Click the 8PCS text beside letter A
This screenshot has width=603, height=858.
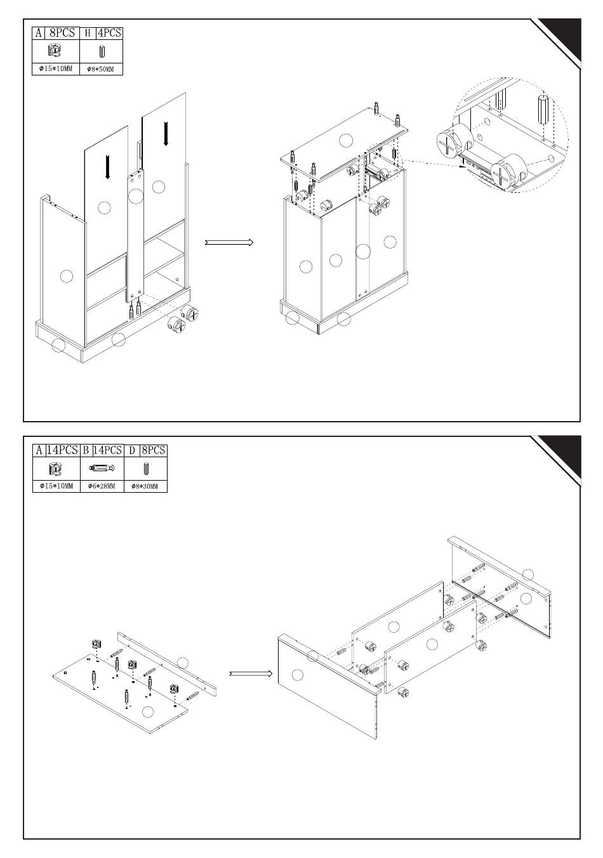click(x=62, y=33)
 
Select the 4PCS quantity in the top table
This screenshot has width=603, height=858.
click(x=109, y=33)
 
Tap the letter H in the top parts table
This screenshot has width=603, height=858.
click(x=88, y=34)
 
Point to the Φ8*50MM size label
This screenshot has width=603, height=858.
click(x=100, y=69)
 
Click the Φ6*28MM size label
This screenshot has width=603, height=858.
click(x=102, y=486)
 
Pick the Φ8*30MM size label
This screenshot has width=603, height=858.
click(x=145, y=486)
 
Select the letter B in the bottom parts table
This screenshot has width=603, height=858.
click(x=86, y=450)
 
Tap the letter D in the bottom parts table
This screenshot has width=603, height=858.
click(x=132, y=450)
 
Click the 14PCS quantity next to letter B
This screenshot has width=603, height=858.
click(x=107, y=450)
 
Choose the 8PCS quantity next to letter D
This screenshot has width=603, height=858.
click(x=154, y=450)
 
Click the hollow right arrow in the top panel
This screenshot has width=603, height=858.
click(x=229, y=242)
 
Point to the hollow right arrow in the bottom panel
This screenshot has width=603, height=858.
click(x=251, y=673)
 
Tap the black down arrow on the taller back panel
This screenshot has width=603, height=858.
click(x=166, y=133)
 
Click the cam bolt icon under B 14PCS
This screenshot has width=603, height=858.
click(x=102, y=468)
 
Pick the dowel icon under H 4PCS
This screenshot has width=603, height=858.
click(x=102, y=52)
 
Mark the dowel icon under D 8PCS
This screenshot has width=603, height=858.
click(x=146, y=469)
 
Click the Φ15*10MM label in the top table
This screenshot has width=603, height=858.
click(x=56, y=69)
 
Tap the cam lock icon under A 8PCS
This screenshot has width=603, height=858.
click(x=54, y=51)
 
